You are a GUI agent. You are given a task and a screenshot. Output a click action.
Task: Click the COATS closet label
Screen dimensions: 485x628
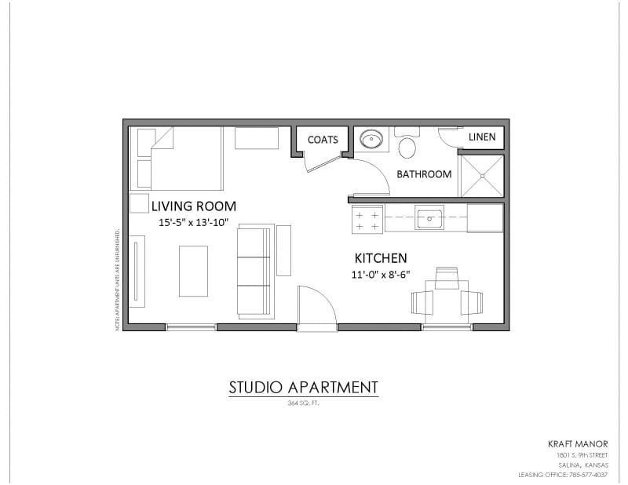323,140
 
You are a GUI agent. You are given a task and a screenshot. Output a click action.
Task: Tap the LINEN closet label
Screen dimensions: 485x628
482,137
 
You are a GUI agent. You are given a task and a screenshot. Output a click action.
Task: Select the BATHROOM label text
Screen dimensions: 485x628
424,174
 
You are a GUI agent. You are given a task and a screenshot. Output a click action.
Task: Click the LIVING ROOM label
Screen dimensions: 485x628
194,206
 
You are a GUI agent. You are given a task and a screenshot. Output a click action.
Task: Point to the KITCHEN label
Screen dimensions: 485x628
381,258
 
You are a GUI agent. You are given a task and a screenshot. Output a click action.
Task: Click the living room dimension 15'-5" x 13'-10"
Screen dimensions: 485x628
193,223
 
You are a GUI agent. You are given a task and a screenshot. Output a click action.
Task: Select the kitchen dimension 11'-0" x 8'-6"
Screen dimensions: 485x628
380,275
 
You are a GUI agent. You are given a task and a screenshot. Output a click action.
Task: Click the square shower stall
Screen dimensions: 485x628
480,174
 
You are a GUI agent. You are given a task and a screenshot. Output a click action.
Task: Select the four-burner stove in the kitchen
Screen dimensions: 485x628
366,219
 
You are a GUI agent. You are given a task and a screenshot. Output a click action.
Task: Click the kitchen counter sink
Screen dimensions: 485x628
429,217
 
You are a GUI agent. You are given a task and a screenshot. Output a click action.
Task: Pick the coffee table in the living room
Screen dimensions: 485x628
193,271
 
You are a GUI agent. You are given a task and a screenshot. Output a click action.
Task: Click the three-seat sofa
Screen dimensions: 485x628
255,271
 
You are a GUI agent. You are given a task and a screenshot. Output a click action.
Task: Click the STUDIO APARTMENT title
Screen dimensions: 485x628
303,387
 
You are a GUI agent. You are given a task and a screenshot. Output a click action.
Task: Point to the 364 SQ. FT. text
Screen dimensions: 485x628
303,403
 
